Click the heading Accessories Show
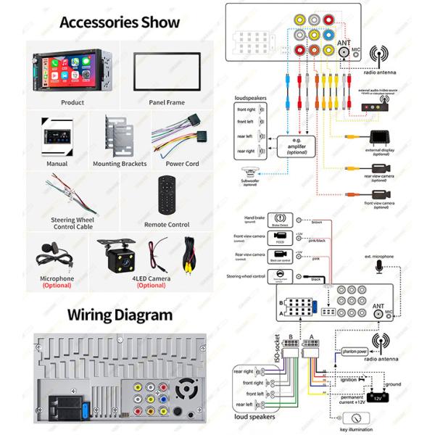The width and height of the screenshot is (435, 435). tap(120, 22)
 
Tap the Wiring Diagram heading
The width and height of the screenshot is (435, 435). tap(120, 315)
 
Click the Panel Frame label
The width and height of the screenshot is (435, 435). tap(167, 102)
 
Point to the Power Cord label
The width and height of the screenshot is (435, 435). tap(182, 163)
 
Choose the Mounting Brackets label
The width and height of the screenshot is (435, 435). tap(120, 163)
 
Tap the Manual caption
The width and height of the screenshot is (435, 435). tap(57, 163)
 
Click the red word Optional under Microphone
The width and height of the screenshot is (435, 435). tap(57, 286)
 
